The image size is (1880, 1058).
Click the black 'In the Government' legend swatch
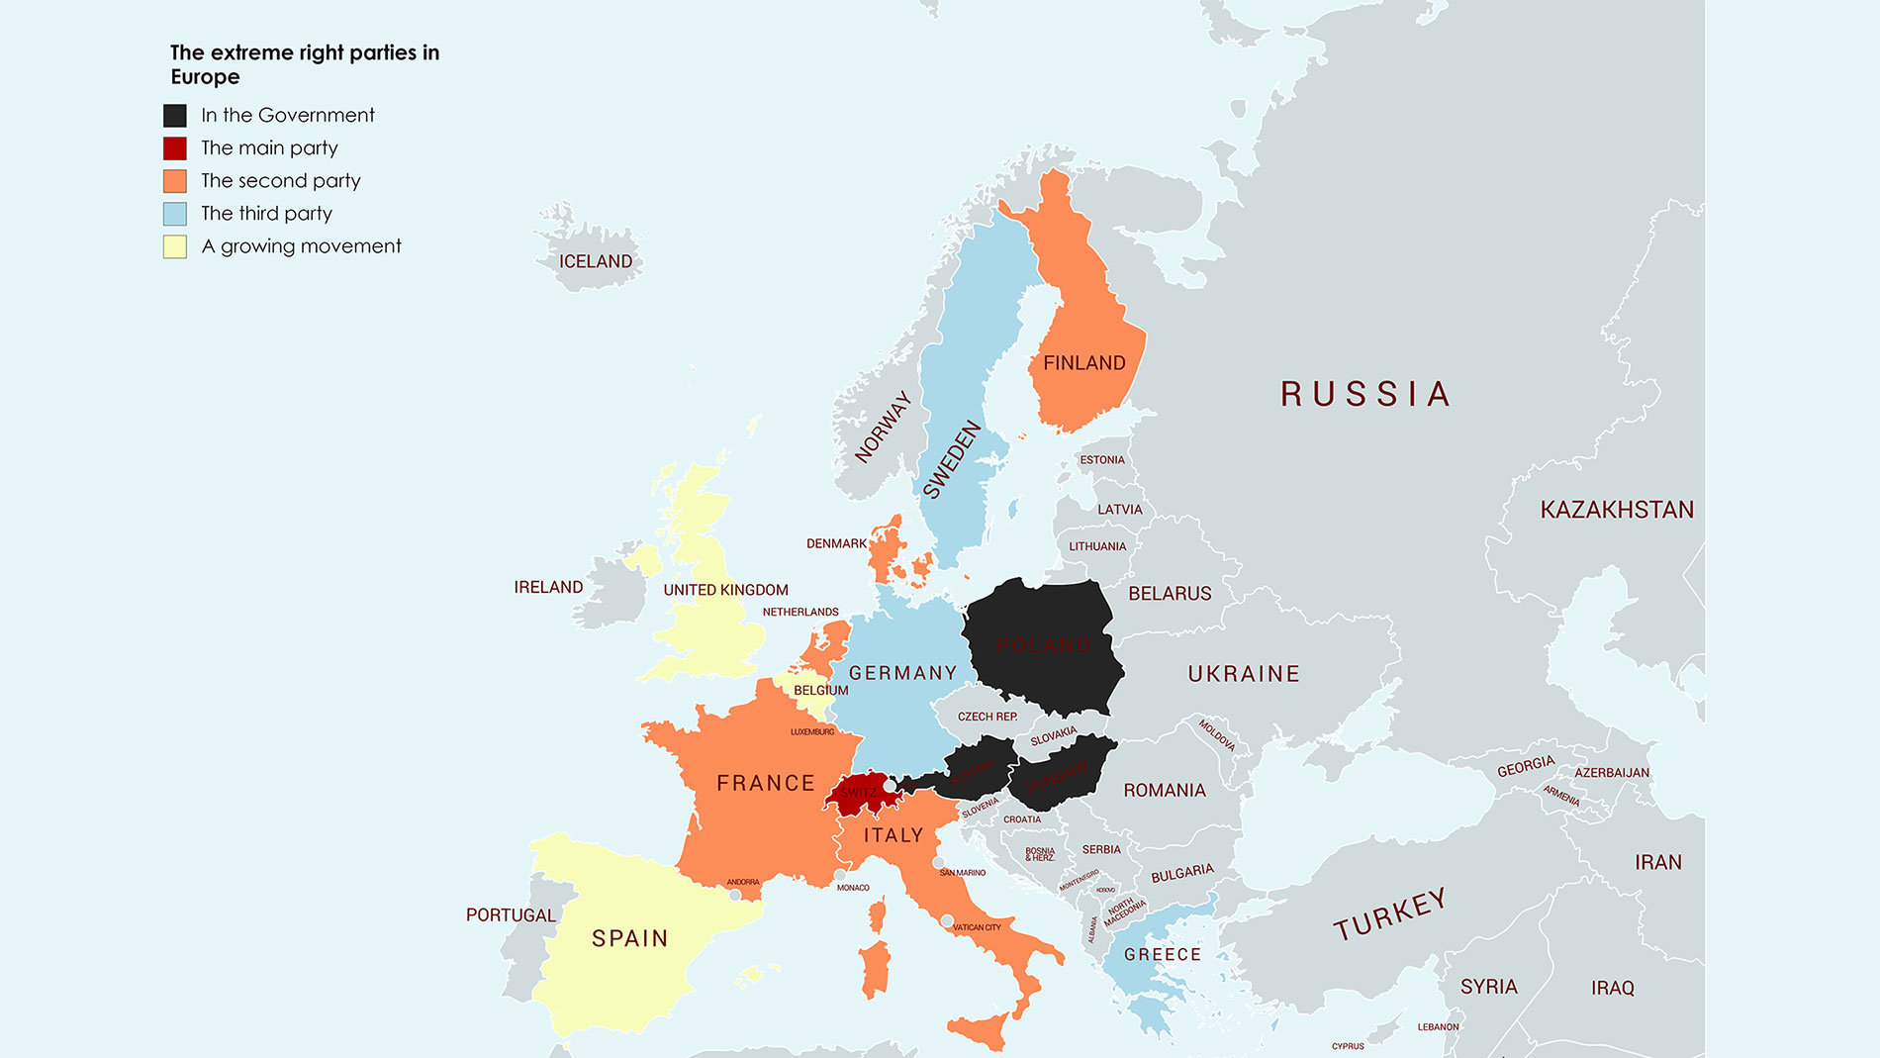pos(175,116)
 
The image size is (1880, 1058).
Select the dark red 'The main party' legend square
pos(175,148)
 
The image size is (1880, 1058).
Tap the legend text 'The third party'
pos(266,214)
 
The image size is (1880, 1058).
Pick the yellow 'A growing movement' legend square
pos(175,246)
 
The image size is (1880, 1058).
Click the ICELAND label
pos(595,261)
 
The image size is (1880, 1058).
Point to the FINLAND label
pos(1083,363)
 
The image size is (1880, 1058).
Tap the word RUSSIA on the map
pos(1364,394)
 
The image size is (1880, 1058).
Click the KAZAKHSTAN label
pos(1616,510)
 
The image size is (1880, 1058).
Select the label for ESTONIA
pos(1101,460)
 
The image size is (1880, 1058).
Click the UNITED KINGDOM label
pos(725,590)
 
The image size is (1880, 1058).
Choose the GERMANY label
pos(902,673)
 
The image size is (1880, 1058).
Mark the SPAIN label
pos(629,938)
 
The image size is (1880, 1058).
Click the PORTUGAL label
pos(511,915)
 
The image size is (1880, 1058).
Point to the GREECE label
pos(1162,955)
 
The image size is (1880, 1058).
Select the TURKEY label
pos(1389,914)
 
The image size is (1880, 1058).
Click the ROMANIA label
pos(1164,791)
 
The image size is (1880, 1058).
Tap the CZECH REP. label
pos(987,717)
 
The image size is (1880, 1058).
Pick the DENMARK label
pos(836,544)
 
